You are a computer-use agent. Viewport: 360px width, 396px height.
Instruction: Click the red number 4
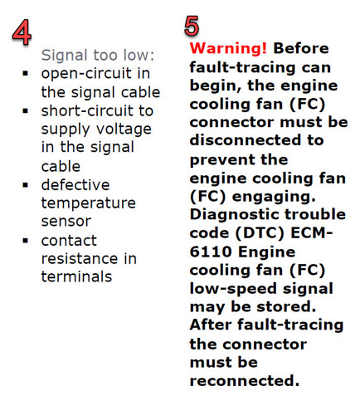click(22, 32)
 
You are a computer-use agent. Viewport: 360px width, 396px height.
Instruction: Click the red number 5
click(192, 26)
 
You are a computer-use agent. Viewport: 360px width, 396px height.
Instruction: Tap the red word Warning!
click(228, 48)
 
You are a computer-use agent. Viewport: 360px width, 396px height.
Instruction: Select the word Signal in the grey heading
click(64, 56)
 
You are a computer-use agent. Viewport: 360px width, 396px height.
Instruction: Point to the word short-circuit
click(88, 110)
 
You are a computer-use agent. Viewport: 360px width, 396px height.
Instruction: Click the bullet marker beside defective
click(26, 184)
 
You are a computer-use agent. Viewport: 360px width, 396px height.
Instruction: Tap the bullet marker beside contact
click(26, 241)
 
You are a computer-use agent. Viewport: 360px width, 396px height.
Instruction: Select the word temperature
click(89, 203)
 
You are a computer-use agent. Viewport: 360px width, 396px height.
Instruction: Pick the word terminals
click(76, 276)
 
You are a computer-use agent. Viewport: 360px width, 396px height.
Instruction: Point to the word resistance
click(80, 258)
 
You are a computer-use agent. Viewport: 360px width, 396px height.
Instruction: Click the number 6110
click(211, 252)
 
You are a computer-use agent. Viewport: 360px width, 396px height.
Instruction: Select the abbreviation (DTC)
click(260, 233)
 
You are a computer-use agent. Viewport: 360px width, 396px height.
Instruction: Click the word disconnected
click(245, 140)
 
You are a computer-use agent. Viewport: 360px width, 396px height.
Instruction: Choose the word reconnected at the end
click(245, 381)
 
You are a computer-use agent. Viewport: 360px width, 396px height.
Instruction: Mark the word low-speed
click(233, 290)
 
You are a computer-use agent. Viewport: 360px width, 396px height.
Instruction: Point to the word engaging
click(274, 198)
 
